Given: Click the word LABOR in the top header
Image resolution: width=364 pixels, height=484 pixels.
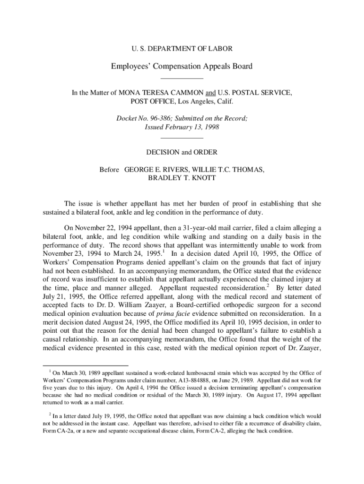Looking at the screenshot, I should pyautogui.click(x=220, y=48).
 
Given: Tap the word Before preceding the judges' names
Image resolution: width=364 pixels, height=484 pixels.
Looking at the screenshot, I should pyautogui.click(x=109, y=169).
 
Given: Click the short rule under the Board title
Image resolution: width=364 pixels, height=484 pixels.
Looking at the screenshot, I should pyautogui.click(x=182, y=78).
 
